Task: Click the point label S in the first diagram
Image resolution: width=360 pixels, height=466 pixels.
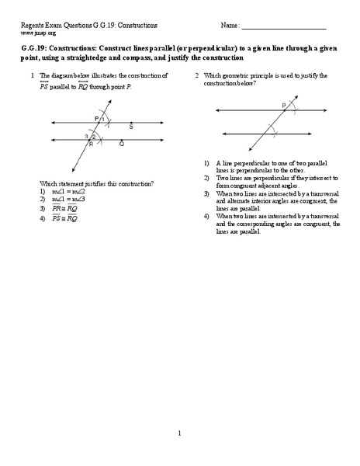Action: pos(131,125)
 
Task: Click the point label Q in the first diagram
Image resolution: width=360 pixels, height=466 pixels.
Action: pos(122,144)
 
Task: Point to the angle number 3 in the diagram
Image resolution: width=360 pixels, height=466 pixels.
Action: pos(87,136)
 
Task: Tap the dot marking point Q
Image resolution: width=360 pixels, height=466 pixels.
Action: pos(120,139)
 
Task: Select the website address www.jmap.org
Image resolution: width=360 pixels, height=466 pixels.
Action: pos(39,33)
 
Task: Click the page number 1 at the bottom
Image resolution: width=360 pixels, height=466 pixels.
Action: pos(179,433)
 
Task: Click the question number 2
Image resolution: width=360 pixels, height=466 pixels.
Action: pos(197,75)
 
